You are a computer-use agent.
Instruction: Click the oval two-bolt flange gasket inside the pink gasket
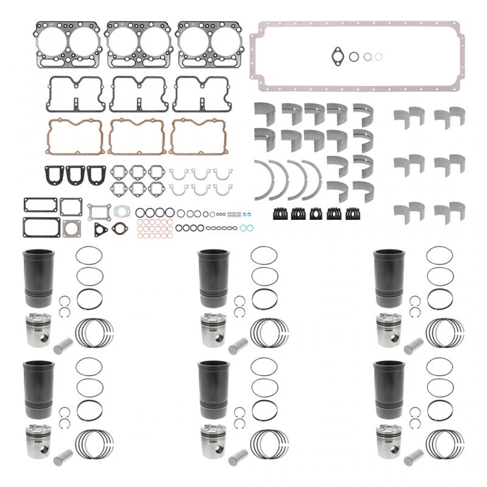pyautogui.click(x=337, y=56)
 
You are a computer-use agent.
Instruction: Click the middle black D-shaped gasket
pyautogui.click(x=75, y=174)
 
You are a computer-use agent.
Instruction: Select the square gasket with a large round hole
pyautogui.click(x=72, y=227)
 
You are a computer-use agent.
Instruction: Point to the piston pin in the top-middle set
pyautogui.click(x=237, y=346)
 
